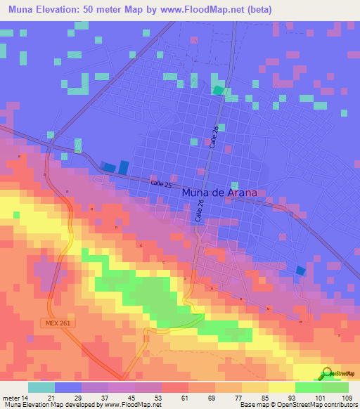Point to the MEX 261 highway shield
82,320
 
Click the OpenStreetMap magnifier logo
328,374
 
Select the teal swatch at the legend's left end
41,387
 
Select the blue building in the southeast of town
301,271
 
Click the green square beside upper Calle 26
219,90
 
